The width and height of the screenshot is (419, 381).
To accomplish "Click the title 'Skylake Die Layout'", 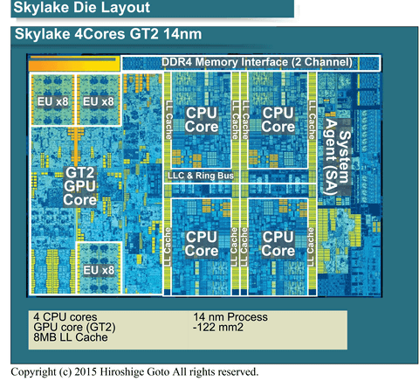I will [76, 10].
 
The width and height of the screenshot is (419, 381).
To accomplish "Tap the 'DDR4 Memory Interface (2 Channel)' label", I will [257, 63].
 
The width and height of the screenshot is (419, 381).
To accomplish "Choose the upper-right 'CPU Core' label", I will [278, 120].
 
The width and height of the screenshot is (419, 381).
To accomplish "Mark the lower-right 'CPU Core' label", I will [278, 243].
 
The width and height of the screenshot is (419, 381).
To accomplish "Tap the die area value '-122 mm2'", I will [219, 328].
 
